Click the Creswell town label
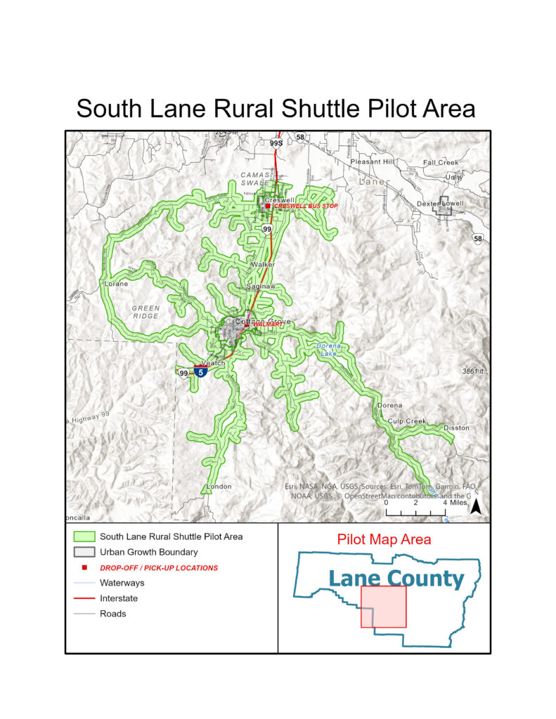tap(279, 200)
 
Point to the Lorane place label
tap(117, 284)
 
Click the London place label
tap(219, 486)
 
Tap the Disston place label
tap(456, 428)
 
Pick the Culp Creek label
tap(407, 421)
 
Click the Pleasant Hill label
tap(375, 161)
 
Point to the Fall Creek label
tap(441, 162)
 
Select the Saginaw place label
tap(260, 287)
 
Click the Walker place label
tap(263, 265)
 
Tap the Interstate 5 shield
tap(201, 373)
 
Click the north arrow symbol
tap(475, 506)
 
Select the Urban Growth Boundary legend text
tap(148, 552)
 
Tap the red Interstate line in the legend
tap(83, 598)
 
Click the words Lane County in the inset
tap(396, 579)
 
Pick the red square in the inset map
tap(383, 606)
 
